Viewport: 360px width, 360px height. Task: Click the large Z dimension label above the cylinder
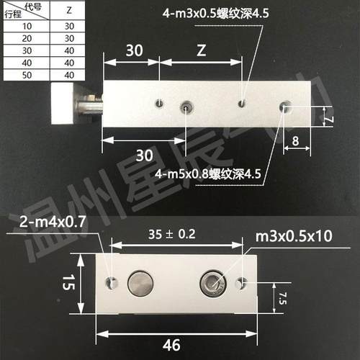202,50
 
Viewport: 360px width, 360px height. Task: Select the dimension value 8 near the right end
296,141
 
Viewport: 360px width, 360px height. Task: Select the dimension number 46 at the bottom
173,345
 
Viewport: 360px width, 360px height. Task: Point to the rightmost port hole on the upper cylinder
286,109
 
